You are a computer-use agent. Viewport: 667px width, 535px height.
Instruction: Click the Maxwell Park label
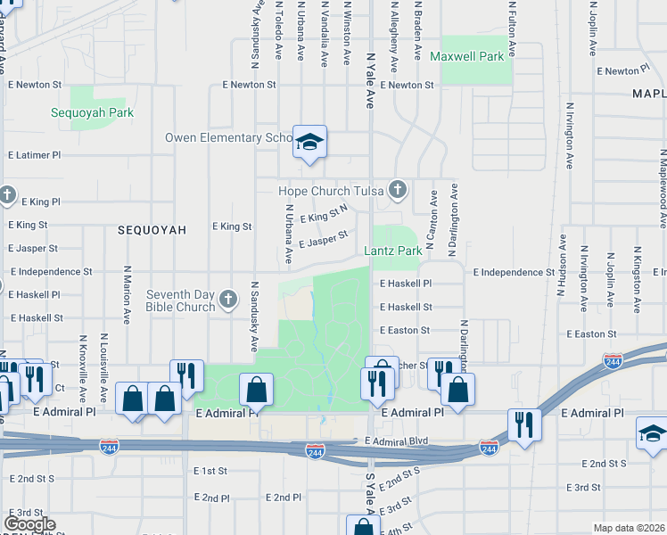[466, 56]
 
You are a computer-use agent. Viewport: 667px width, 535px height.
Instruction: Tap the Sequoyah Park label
[104, 113]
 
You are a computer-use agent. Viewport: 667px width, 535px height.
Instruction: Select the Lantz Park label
[393, 251]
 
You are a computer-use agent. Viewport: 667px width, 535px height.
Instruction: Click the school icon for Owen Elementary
[309, 142]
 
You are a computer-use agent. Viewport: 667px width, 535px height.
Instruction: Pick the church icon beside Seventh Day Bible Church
[229, 300]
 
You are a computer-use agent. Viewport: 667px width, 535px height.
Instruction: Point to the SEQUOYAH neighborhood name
[152, 229]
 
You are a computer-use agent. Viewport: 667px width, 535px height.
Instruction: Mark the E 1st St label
[210, 470]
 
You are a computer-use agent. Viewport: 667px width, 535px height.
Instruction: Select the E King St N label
[323, 216]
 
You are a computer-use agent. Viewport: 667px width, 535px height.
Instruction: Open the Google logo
[29, 524]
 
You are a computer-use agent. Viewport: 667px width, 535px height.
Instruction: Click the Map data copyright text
[630, 528]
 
